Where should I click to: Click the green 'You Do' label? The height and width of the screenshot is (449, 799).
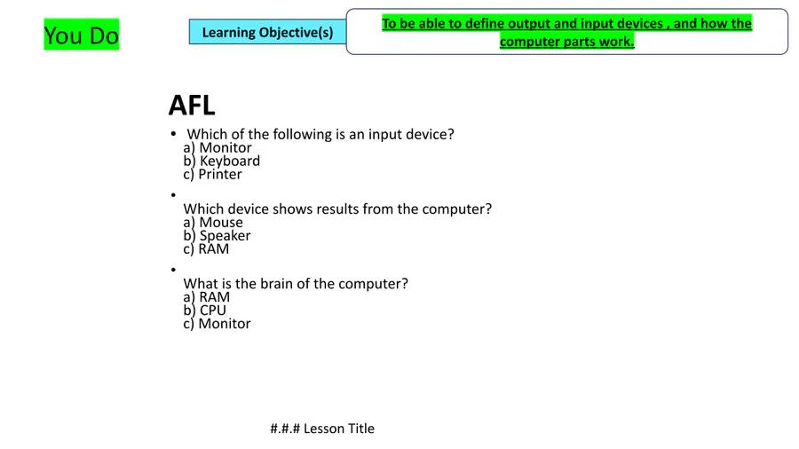(82, 35)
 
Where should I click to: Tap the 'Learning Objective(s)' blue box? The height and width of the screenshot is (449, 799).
(267, 32)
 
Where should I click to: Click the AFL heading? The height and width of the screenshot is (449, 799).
(192, 106)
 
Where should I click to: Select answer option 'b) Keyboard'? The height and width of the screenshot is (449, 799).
(222, 161)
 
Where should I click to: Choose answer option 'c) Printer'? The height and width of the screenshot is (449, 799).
(212, 174)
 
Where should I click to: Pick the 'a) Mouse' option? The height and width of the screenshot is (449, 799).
(213, 223)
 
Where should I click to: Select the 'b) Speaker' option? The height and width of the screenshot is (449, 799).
(218, 236)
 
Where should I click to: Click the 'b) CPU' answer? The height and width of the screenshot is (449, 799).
(205, 311)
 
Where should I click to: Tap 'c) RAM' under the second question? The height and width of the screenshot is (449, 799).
(206, 249)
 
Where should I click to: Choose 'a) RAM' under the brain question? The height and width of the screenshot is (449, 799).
(206, 297)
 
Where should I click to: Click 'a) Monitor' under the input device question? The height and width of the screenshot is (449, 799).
(218, 147)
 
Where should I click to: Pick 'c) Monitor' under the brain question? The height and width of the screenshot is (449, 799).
(218, 324)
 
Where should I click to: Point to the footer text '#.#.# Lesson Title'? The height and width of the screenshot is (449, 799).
(322, 429)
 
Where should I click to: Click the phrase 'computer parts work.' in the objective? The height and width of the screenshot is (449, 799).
(566, 41)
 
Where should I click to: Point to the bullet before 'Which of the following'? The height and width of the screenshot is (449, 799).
(173, 133)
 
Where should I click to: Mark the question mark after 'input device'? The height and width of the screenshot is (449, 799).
(450, 134)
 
